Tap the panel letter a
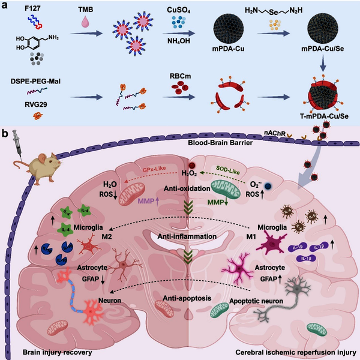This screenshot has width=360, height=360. pyautogui.click(x=5, y=5)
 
